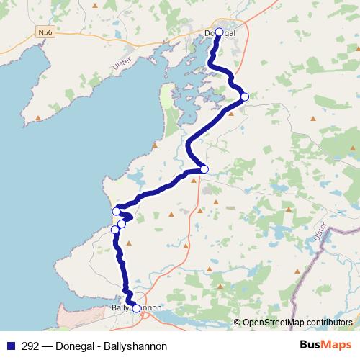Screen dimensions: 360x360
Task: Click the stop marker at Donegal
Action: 220,32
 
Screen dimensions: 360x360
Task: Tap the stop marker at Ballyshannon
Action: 136,308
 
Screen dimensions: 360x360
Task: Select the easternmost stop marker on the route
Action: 245,96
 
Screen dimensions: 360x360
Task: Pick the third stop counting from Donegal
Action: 204,169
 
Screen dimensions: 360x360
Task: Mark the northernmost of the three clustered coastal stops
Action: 116,212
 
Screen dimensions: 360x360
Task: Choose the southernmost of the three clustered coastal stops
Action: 114,230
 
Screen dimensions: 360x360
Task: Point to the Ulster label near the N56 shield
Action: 122,64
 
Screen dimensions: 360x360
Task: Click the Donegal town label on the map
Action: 220,33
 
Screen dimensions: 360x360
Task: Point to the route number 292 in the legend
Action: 30,343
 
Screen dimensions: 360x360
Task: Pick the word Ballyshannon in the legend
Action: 132,343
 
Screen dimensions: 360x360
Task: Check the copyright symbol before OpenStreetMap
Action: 237,322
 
